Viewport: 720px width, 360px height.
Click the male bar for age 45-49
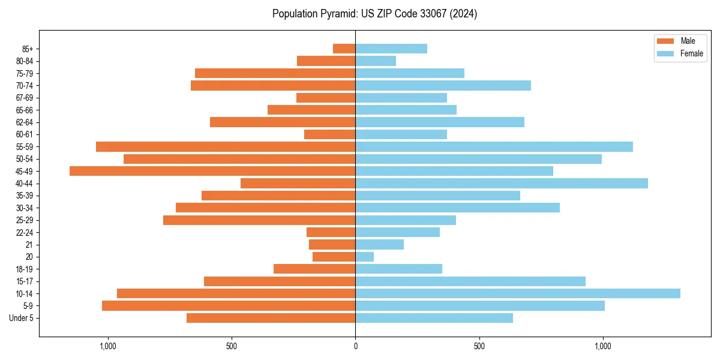(212, 171)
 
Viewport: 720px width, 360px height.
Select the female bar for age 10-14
(517, 293)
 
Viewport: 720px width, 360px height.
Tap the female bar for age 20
(364, 257)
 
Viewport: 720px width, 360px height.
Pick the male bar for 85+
(344, 49)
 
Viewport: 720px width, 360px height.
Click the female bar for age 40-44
(501, 183)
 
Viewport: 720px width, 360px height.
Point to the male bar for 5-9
(229, 305)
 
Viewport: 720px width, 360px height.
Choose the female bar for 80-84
(376, 61)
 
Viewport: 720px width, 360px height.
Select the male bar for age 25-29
(259, 220)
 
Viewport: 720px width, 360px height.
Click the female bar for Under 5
(434, 318)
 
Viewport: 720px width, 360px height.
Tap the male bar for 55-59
(226, 146)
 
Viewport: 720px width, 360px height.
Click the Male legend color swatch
(665, 41)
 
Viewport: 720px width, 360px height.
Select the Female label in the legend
(691, 53)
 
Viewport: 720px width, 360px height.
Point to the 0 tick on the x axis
(355, 346)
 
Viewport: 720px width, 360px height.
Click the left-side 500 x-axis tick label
(232, 346)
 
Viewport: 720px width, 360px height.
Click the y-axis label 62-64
(25, 122)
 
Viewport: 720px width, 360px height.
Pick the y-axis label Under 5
(22, 318)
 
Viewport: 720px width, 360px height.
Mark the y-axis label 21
(29, 245)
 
